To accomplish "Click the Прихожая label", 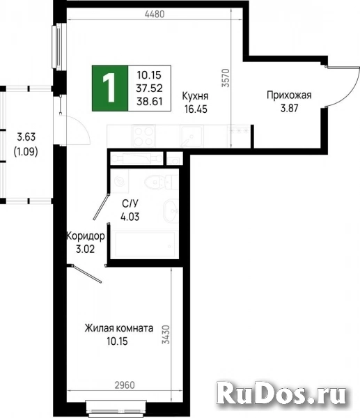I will click(288, 95).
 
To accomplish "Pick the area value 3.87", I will click(288, 108).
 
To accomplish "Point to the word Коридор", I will click(85, 236).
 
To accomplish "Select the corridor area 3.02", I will click(85, 248).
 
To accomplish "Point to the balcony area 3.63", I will click(25, 137).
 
